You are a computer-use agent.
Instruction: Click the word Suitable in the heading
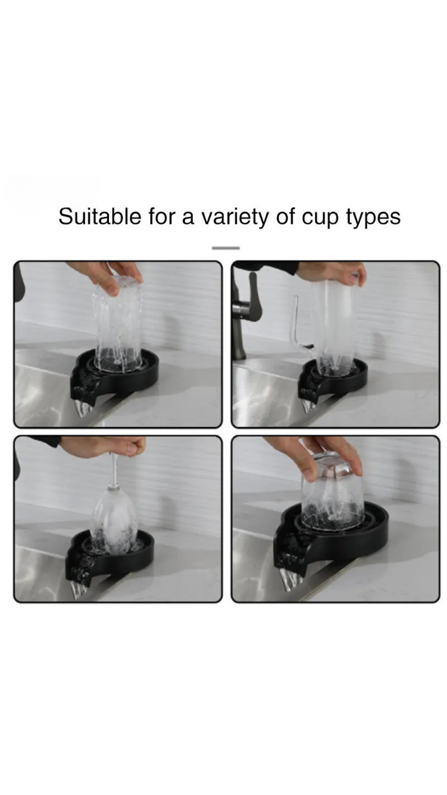(x=99, y=216)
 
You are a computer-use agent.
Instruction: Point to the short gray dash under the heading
(x=226, y=248)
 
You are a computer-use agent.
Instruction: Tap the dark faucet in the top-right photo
(x=242, y=315)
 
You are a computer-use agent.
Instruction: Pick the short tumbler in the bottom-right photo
(x=333, y=493)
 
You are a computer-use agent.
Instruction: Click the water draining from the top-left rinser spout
(x=84, y=409)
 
